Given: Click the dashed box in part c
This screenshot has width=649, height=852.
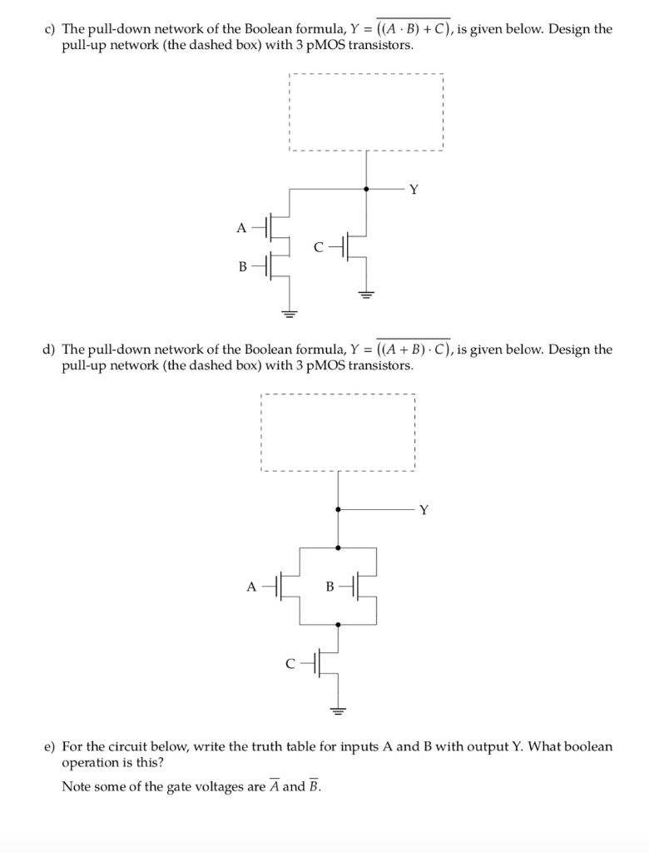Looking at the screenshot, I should [366, 112].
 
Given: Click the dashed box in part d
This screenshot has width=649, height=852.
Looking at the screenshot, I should [337, 433].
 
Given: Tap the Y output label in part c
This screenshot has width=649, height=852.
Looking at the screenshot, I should [414, 189].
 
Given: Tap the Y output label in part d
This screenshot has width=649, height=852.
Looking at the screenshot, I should [424, 509].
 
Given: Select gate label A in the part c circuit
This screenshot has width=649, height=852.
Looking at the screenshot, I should [241, 227].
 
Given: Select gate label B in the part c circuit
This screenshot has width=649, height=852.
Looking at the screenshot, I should [242, 266].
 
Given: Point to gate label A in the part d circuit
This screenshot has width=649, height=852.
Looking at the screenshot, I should [251, 587].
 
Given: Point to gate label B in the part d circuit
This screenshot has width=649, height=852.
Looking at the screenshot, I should [329, 587].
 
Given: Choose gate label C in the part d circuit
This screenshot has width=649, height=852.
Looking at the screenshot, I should [290, 664].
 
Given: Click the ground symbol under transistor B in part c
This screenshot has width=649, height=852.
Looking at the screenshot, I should [289, 314].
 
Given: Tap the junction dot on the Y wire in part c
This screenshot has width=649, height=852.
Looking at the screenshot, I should [366, 189].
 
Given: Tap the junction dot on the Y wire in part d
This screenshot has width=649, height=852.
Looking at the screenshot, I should [337, 509].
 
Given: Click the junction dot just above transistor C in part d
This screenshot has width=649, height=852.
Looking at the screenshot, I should [337, 624].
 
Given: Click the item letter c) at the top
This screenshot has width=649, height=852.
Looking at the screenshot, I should [50, 29].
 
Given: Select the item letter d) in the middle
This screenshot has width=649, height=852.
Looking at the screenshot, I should [50, 349].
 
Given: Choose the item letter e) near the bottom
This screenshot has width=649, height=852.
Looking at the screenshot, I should [50, 746].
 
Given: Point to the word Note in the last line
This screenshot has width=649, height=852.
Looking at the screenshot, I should [76, 786].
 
